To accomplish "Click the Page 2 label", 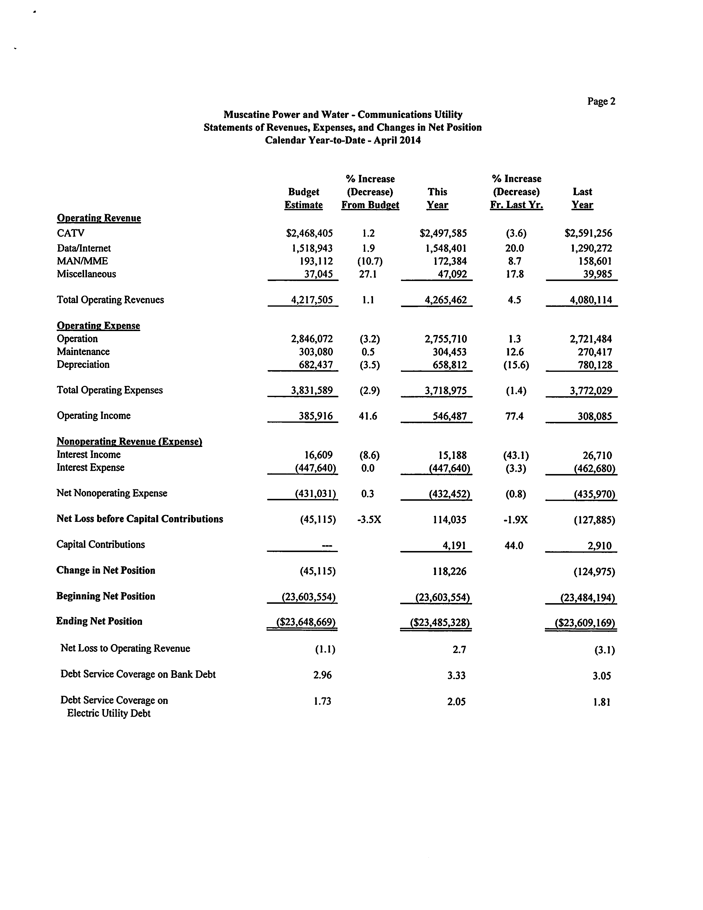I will (x=601, y=101).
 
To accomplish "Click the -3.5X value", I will (x=369, y=520).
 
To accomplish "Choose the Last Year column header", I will (x=582, y=198).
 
